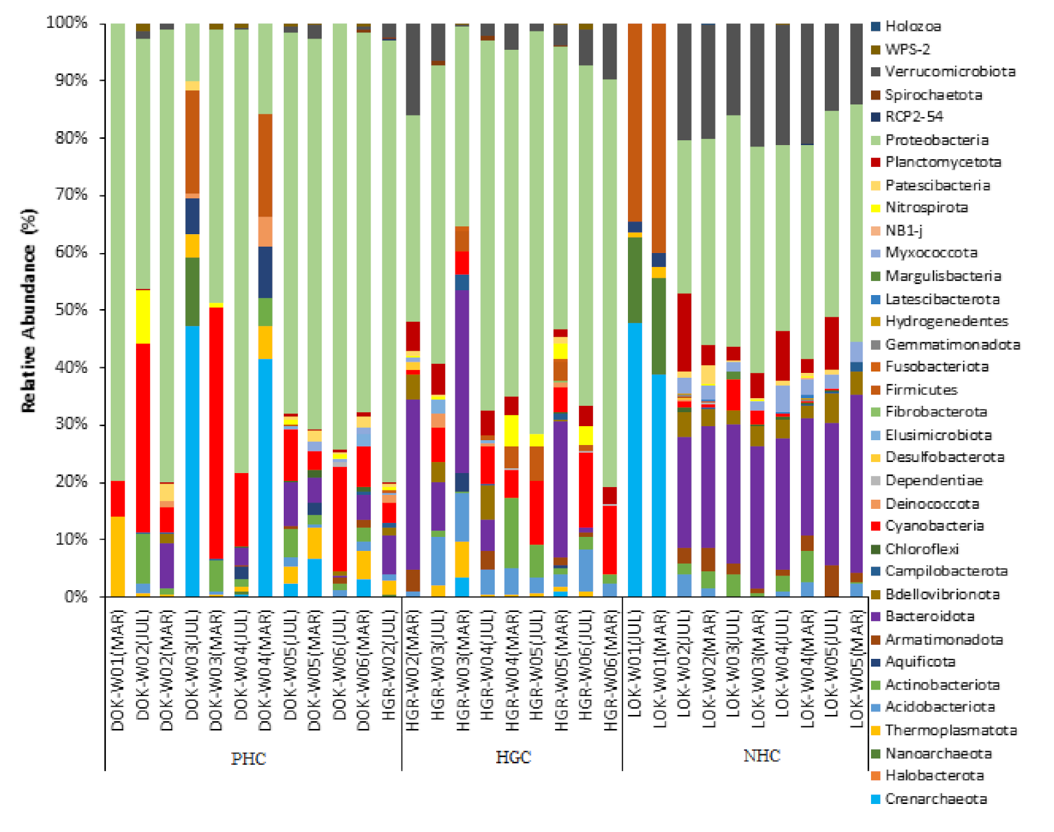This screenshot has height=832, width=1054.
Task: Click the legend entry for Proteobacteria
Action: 936,139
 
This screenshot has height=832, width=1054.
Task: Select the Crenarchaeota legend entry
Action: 936,798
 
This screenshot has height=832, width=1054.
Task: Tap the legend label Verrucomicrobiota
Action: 950,71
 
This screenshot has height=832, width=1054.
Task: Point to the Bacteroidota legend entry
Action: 929,616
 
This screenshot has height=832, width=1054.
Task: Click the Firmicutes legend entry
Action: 921,390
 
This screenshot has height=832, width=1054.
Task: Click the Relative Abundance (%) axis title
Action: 28,310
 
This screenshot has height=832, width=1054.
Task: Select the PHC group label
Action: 248,758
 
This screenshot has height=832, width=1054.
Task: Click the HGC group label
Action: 513,757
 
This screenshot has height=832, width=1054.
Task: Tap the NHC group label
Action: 761,756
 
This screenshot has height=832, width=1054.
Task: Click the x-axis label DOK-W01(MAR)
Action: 118,670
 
